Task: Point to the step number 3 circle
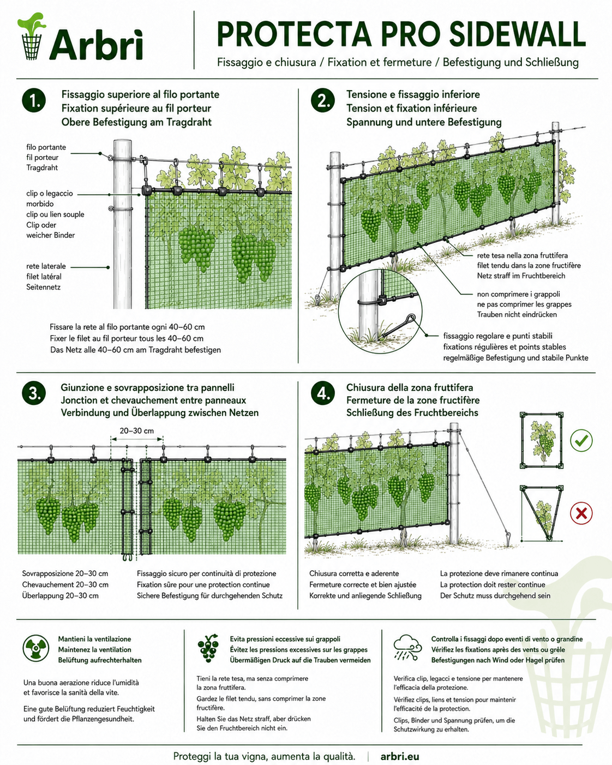click(x=34, y=393)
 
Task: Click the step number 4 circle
click(x=323, y=393)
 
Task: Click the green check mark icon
click(x=581, y=440)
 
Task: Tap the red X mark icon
click(x=581, y=513)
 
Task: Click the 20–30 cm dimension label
click(x=136, y=431)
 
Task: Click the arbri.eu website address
click(x=399, y=756)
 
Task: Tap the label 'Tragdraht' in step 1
click(x=42, y=168)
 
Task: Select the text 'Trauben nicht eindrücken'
click(x=517, y=315)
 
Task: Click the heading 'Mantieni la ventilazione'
click(x=94, y=639)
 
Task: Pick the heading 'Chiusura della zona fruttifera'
click(x=410, y=387)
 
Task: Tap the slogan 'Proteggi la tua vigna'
click(x=221, y=756)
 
